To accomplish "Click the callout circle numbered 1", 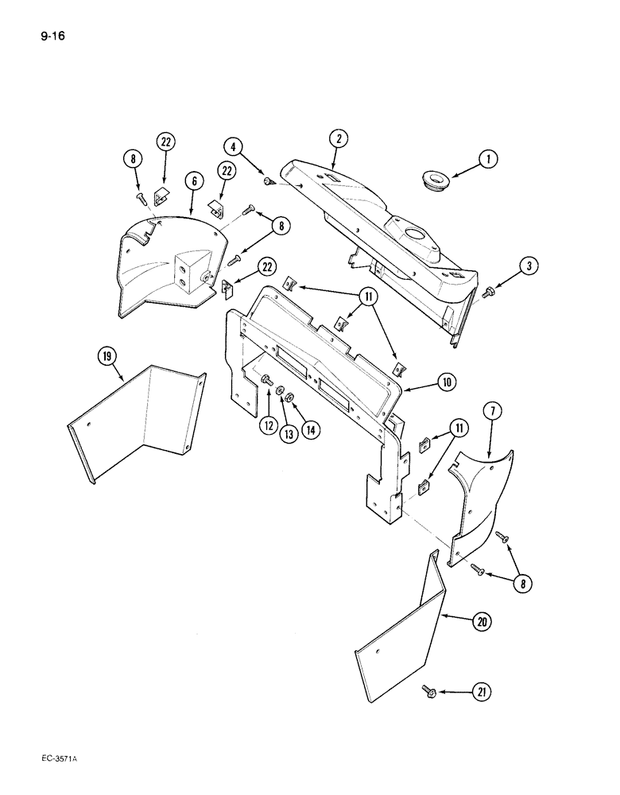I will point(488,160).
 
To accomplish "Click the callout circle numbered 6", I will point(192,181).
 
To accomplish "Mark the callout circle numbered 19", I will point(105,356).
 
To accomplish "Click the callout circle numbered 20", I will point(479,622).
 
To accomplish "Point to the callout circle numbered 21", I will point(479,692).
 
